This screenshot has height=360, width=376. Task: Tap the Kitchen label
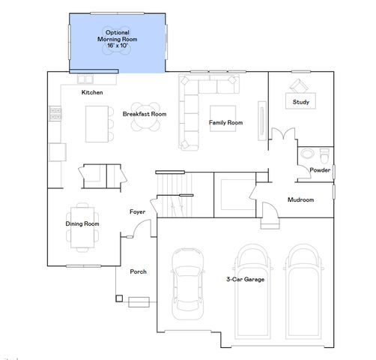92,92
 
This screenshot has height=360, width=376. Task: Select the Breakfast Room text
145,114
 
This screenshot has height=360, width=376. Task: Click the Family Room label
225,121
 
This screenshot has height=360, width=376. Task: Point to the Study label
301,101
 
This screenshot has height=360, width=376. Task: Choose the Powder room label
320,170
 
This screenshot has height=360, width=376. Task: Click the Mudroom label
300,200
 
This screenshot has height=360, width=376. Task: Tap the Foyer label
137,212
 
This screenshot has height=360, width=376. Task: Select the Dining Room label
82,223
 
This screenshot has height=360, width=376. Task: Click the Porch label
138,271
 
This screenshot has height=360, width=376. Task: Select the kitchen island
95,122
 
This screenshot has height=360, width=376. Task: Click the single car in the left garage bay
187,284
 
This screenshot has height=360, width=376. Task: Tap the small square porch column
118,298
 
